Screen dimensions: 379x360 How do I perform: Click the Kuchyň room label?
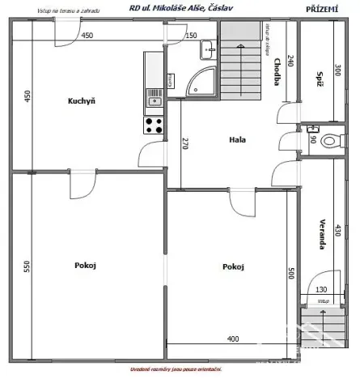[x=81, y=101]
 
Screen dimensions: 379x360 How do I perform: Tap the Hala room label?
[x=237, y=140]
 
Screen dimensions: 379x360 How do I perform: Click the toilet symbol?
[x=329, y=141]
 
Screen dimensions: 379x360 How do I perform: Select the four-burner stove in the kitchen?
[x=154, y=126]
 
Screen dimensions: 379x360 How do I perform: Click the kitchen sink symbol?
[x=154, y=100]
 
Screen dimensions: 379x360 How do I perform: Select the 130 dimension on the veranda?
[x=320, y=290]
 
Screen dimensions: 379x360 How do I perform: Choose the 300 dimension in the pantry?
[x=337, y=71]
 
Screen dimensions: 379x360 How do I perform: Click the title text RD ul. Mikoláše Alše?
[x=178, y=8]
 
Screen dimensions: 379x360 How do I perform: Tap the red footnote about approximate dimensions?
[x=180, y=370]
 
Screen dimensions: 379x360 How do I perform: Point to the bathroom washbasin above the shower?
[x=208, y=49]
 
